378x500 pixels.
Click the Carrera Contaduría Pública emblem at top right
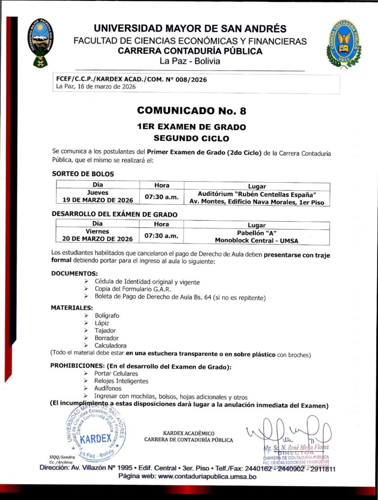pos(343,43)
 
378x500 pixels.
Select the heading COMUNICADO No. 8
pos(191,110)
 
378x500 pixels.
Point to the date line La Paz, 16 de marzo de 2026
pos(95,87)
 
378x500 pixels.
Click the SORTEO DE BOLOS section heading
pos(83,173)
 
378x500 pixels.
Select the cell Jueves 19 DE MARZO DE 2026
pos(98,196)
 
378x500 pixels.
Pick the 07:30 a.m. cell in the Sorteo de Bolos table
pos(161,197)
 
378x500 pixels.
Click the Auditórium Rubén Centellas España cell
pos(257,197)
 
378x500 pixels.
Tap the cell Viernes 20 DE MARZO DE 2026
pos(98,235)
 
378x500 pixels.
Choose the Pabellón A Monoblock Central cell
pos(257,236)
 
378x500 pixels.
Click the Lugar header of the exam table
pos(257,224)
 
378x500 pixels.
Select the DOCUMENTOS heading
pos(74,273)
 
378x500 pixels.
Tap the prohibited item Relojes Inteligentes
pos(121,381)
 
